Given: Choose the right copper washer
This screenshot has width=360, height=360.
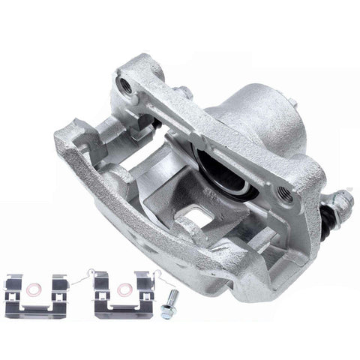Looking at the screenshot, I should (124, 288).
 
